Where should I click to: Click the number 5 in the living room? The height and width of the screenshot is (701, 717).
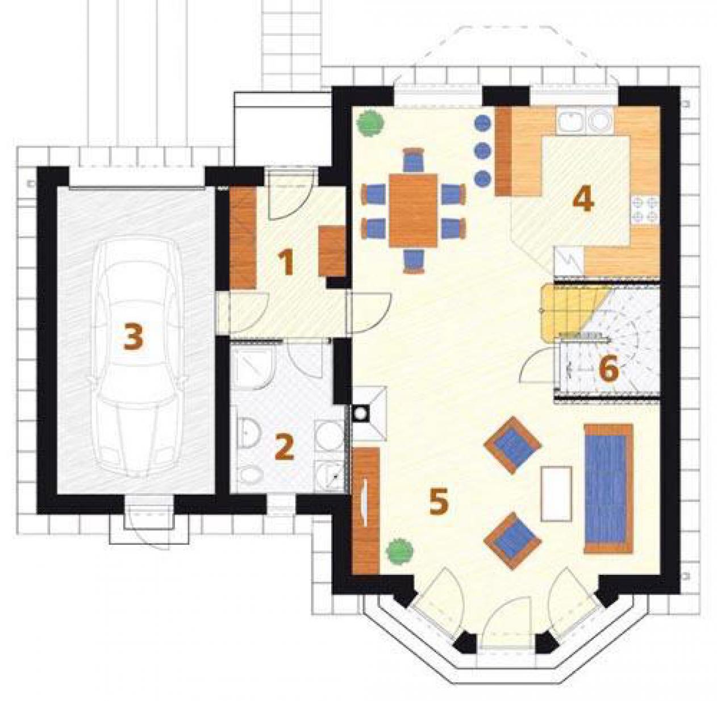[x=439, y=502]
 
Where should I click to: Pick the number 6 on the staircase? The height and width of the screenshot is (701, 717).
[x=608, y=369]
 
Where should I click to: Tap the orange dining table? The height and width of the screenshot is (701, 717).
[x=413, y=210]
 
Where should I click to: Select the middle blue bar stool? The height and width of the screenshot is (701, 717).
[x=483, y=150]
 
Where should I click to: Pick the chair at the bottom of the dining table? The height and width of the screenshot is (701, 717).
[x=414, y=261]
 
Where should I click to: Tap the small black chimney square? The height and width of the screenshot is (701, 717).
[x=361, y=412]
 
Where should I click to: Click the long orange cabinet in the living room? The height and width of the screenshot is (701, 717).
[x=366, y=511]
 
